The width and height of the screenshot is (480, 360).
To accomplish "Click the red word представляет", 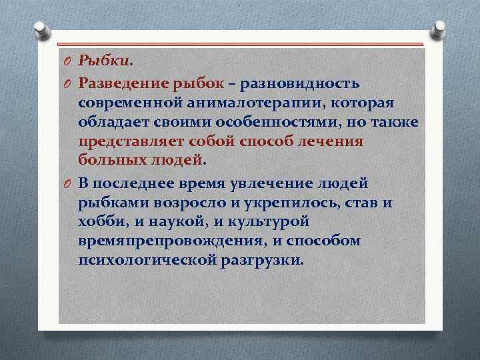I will (x=130, y=143).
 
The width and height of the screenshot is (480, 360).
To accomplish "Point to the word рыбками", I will (x=110, y=201).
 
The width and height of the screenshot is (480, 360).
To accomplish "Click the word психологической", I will (x=147, y=260).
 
